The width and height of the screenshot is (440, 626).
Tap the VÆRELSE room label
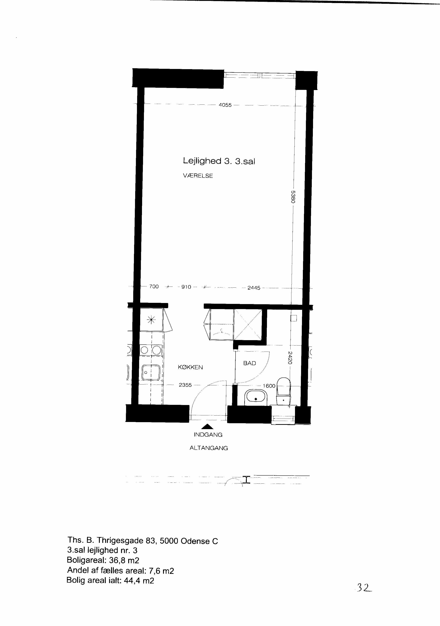[198, 176]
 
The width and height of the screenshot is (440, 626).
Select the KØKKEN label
[190, 367]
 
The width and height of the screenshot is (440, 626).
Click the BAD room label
[250, 363]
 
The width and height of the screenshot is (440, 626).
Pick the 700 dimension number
[154, 287]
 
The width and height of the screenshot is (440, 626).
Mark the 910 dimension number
[186, 287]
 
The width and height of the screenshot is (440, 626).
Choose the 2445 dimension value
[254, 288]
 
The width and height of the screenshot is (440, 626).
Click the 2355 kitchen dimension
[185, 385]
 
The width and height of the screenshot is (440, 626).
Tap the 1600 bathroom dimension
[269, 386]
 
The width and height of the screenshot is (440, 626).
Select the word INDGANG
[208, 435]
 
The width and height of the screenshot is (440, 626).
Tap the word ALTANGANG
[209, 448]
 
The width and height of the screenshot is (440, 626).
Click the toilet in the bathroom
[284, 391]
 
